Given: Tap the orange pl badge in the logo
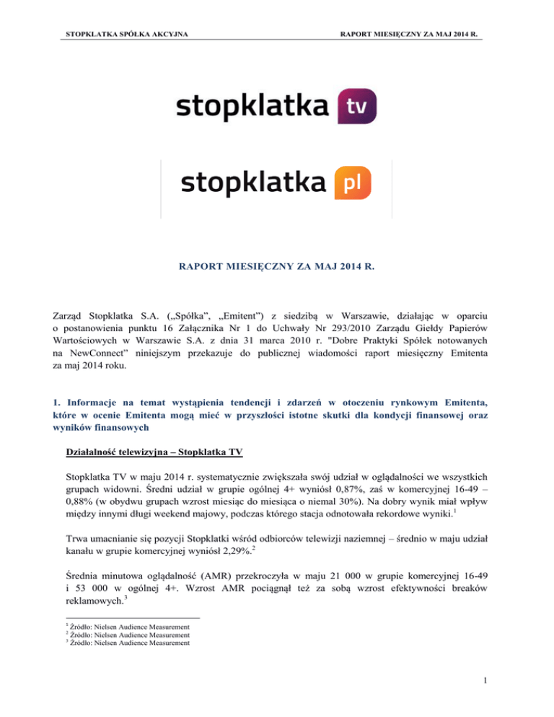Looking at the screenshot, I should click(353, 182).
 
